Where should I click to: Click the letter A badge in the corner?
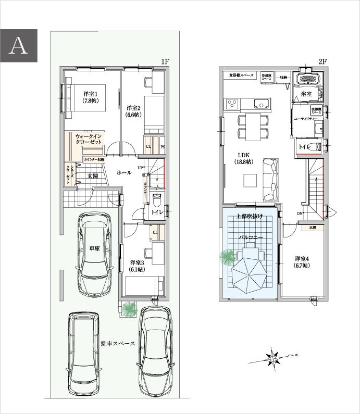point(19,45)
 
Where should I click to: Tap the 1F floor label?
point(165,61)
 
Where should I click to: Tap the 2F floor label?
point(322,61)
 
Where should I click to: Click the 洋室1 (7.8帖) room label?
point(91,97)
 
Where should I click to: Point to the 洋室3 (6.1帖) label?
point(136,266)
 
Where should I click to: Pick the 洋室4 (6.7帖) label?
point(302,262)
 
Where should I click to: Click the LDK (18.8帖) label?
point(243,158)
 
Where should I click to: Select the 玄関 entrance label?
point(93,175)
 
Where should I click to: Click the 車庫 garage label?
point(94,248)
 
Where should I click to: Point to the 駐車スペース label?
point(118,344)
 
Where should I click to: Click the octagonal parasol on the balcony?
point(250,274)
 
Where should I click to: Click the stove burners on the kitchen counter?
point(232,103)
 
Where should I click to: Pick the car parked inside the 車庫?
point(95,255)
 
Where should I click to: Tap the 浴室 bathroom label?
point(307,94)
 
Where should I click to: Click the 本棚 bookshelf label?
point(312,228)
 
